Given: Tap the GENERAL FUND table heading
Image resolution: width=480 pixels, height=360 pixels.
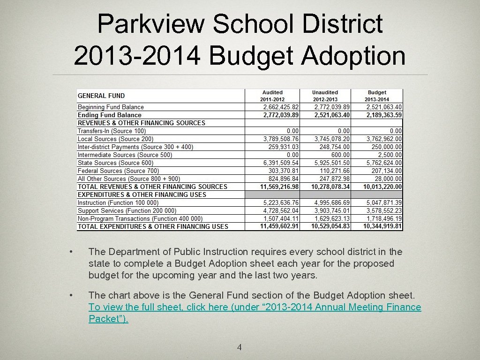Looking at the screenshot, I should tap(101, 96).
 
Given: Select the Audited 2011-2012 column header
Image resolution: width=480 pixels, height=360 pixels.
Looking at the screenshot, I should tap(272, 96).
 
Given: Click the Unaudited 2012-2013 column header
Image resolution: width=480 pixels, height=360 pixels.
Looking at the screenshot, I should tap(325, 96).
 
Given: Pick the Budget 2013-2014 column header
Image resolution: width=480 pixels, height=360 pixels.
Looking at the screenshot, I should tap(377, 96).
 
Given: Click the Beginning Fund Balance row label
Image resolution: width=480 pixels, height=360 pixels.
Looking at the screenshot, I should tap(111, 107).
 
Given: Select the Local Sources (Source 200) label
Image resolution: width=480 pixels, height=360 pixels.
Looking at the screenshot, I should tap(115, 139).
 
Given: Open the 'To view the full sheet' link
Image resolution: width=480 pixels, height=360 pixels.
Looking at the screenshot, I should tap(255, 307).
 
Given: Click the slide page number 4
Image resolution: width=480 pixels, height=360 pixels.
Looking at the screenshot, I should tap(240, 347).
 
